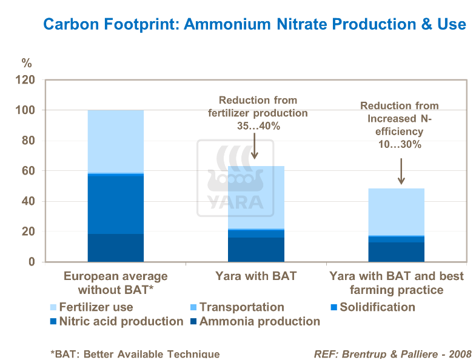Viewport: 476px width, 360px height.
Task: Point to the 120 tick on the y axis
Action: tap(27, 81)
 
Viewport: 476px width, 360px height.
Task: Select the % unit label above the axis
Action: tap(26, 63)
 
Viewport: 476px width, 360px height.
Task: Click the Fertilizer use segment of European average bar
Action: tap(115, 141)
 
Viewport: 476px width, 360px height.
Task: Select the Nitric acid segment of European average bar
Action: tap(115, 204)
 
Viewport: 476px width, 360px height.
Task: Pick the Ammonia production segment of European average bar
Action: tap(115, 248)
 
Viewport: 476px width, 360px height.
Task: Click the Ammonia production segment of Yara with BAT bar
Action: tap(256, 250)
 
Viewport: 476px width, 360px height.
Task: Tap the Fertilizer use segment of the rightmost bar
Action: tap(397, 212)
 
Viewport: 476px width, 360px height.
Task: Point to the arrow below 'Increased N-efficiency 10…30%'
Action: tap(400, 172)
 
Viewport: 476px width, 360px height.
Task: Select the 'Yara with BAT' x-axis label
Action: tap(256, 276)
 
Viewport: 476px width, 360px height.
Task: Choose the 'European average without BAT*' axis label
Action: tap(115, 283)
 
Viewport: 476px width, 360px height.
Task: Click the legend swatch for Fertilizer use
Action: tap(53, 307)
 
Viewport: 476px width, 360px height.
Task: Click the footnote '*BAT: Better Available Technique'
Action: tap(135, 354)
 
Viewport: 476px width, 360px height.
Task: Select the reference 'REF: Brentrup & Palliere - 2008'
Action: tap(392, 354)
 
